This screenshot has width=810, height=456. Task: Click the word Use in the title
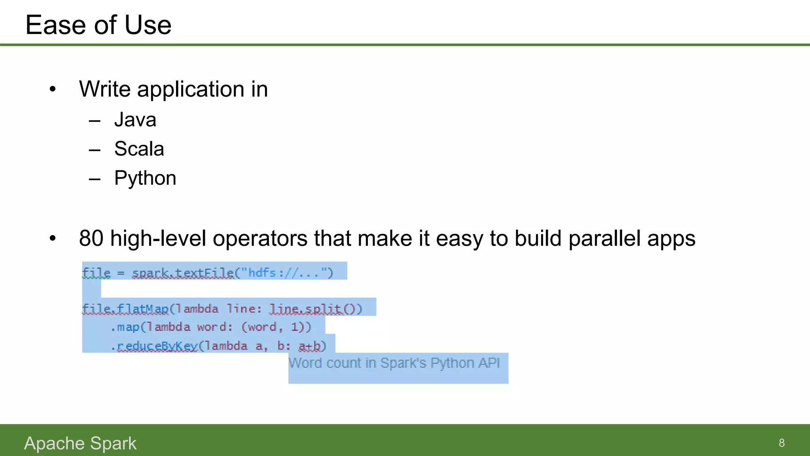pyautogui.click(x=148, y=25)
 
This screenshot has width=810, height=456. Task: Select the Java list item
pyautogui.click(x=135, y=120)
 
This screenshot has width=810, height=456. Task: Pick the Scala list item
pyautogui.click(x=139, y=149)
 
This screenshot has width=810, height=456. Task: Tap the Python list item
pyautogui.click(x=145, y=178)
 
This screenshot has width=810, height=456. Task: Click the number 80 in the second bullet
pyautogui.click(x=91, y=239)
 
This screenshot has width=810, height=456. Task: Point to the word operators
pyautogui.click(x=260, y=239)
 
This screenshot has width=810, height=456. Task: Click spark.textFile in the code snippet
pyautogui.click(x=183, y=273)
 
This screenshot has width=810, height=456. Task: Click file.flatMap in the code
pyautogui.click(x=125, y=309)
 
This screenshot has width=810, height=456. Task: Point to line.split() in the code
pyautogui.click(x=315, y=309)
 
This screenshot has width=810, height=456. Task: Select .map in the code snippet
pyautogui.click(x=125, y=327)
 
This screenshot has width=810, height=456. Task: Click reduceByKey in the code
pyautogui.click(x=157, y=346)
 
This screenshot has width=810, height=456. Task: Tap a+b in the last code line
pyautogui.click(x=310, y=346)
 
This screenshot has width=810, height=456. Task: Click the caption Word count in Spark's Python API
pyautogui.click(x=394, y=363)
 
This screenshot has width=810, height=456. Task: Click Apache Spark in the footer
pyautogui.click(x=80, y=443)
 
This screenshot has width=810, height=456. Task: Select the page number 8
pyautogui.click(x=782, y=443)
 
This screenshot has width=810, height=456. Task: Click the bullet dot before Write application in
pyautogui.click(x=53, y=89)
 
